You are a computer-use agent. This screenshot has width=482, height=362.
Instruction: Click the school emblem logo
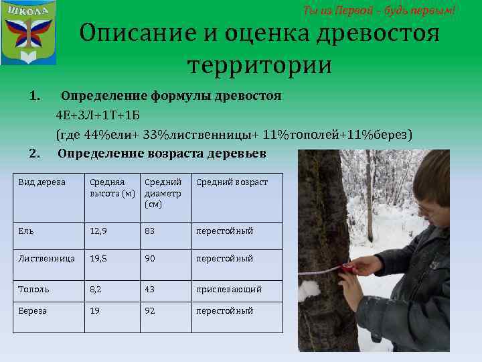pos(28,33)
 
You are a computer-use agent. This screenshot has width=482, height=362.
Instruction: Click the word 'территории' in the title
pos(259,66)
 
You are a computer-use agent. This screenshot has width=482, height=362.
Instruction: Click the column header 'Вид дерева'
pos(42,182)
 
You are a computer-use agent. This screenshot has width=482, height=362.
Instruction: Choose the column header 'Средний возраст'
pos(232,182)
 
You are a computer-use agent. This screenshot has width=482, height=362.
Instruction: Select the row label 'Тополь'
pos(34,290)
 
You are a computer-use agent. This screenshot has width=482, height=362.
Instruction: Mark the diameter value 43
pos(151,290)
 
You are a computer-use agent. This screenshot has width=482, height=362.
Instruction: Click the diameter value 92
pos(151,311)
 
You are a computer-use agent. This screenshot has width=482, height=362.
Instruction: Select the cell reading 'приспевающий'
pos(229,290)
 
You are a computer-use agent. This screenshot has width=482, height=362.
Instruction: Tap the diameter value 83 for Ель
pos(151,231)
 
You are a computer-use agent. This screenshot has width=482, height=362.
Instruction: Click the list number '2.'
pos(34,154)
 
